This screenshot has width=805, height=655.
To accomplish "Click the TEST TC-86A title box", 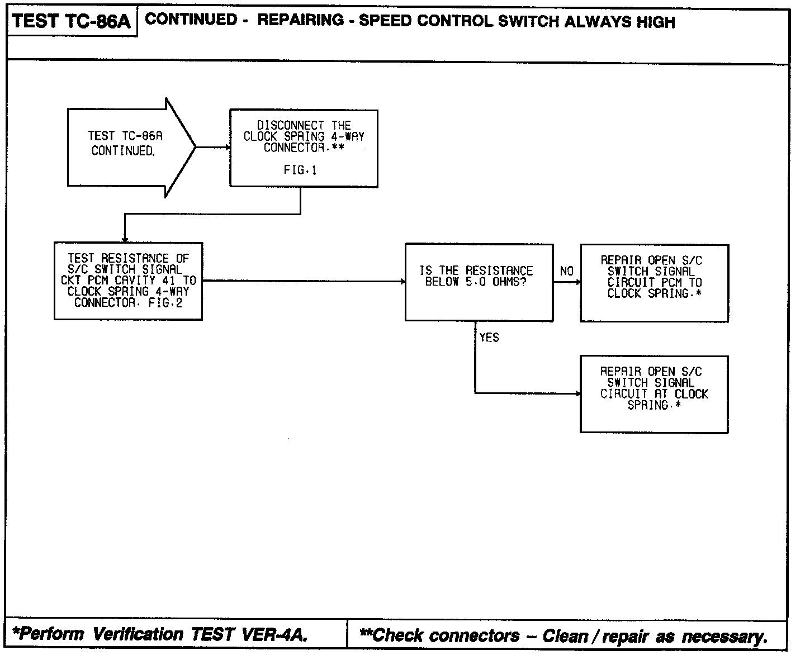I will pos(72,22).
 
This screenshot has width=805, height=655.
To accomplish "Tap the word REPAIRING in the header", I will pos(301,21).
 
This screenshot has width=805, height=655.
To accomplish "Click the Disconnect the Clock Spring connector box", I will pos(304,148).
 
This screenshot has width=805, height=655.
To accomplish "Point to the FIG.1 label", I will pos(300,170).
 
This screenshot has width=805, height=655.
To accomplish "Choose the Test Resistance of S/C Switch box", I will pos(128,281).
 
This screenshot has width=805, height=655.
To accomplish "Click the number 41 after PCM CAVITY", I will pos(169,281).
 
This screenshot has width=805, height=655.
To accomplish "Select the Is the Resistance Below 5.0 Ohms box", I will pos(479,282).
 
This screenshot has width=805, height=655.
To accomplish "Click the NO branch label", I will pos(567,271).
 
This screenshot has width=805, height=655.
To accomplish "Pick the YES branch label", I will pos(489,338).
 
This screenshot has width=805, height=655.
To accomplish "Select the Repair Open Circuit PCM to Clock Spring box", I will pos(654,283).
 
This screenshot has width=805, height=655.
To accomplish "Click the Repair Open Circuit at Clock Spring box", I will pos(654,394).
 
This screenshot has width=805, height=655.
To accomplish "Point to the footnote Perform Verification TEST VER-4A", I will pos(160,635).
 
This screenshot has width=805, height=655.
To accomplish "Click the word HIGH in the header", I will pos(656,22).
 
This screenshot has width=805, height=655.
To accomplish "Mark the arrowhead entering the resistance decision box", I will pos(403,282).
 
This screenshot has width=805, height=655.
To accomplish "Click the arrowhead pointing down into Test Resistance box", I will pos(125,239).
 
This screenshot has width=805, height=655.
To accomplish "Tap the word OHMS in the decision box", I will pos(506,282).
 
